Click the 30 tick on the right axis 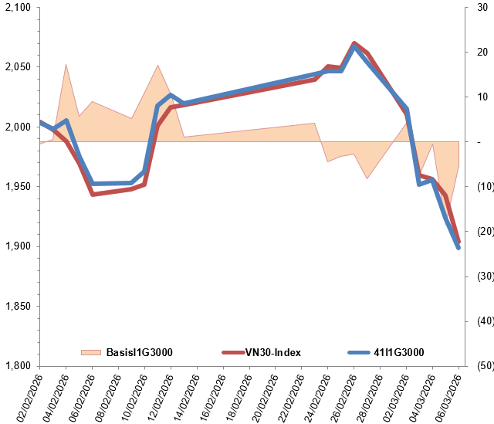point(482,8)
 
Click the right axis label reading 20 point(482,53)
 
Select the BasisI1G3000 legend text point(139,353)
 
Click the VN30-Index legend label point(272,353)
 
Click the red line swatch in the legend point(233,353)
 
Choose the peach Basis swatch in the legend point(91,353)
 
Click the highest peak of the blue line point(354,46)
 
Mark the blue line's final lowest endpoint point(458,248)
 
